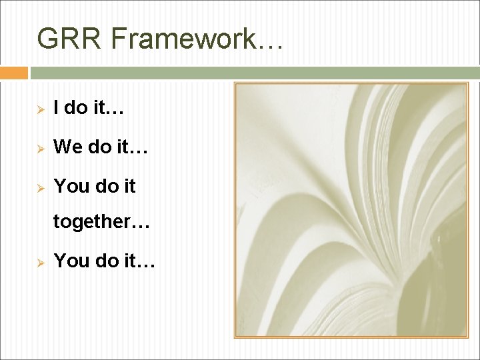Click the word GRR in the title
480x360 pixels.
(69, 39)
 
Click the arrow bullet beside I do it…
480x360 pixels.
(40, 109)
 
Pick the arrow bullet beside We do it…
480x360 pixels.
(40, 147)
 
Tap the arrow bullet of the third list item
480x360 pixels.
(40, 187)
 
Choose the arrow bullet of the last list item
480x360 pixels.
(40, 262)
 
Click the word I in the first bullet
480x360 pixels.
(57, 108)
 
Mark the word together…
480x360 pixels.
(101, 222)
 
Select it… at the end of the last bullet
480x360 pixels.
(139, 261)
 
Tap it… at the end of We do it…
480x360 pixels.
(131, 147)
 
